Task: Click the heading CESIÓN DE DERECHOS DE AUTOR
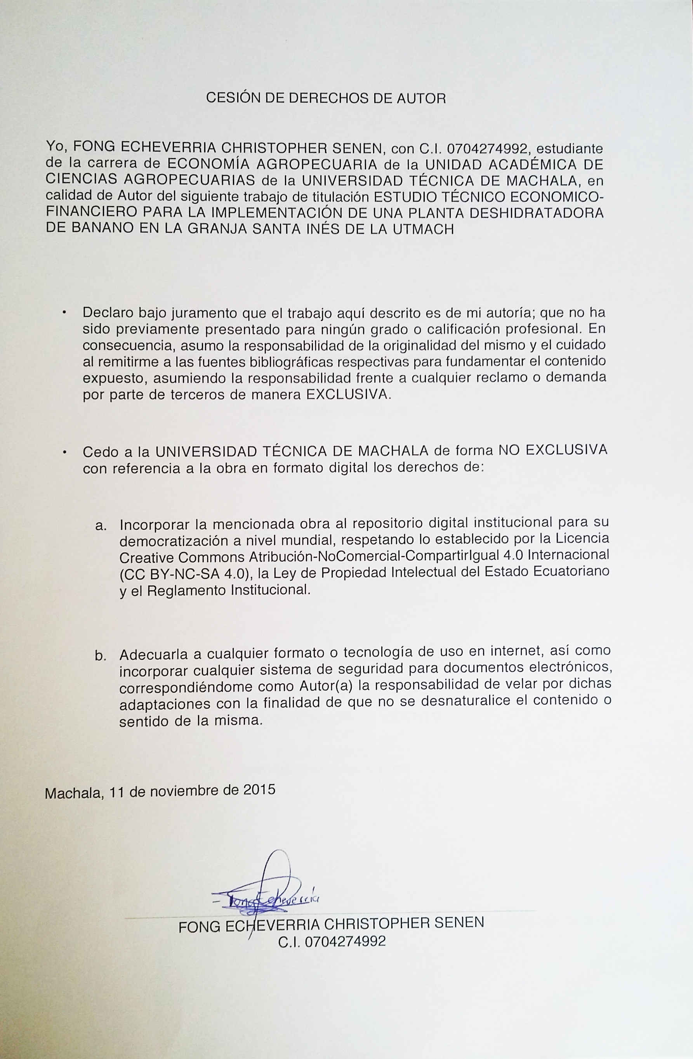click(x=326, y=98)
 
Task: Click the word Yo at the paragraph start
click(x=55, y=148)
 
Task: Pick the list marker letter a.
click(x=101, y=525)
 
